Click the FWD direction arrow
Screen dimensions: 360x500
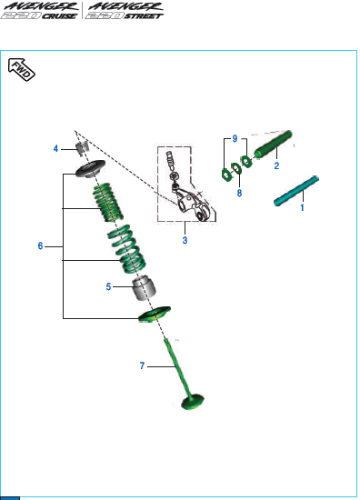[22, 69]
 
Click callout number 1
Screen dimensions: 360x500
[302, 207]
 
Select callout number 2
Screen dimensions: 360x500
[276, 165]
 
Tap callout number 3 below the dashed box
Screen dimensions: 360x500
[185, 240]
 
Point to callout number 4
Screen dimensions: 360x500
[55, 148]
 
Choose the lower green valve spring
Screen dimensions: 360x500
[126, 249]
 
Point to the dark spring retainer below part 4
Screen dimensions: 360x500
[90, 168]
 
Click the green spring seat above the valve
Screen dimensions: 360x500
[155, 315]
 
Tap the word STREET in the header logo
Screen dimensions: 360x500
[144, 16]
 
